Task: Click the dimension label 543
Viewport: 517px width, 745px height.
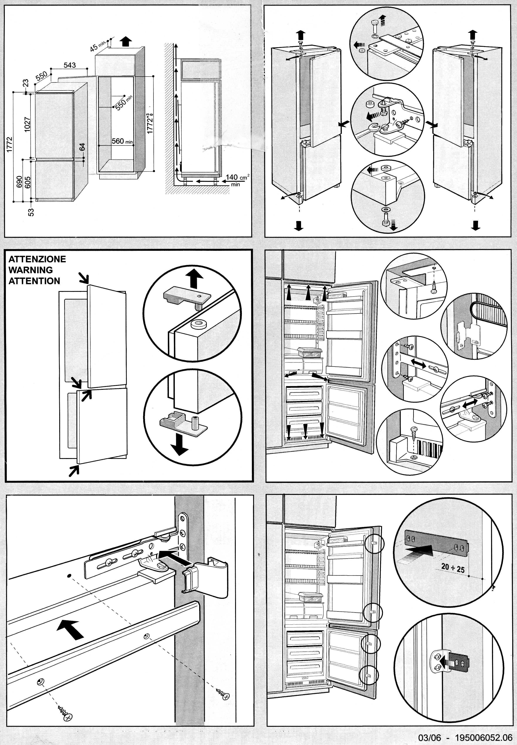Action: [70, 65]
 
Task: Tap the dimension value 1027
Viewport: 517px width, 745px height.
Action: [27, 124]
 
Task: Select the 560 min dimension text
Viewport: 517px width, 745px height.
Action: [122, 141]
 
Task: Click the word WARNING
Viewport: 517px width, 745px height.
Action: [30, 270]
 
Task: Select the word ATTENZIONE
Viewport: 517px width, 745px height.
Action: [37, 259]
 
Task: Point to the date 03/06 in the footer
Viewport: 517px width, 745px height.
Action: [429, 738]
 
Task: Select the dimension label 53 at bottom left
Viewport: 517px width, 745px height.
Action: [31, 212]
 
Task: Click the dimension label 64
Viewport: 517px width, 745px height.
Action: [82, 147]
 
